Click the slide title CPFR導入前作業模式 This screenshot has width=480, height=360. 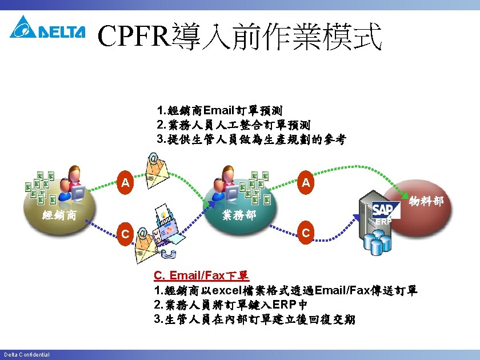pyautogui.click(x=239, y=37)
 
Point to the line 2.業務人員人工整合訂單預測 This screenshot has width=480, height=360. pyautogui.click(x=234, y=125)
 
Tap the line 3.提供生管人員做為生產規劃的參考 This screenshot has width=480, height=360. pyautogui.click(x=251, y=139)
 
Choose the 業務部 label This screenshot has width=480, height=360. pyautogui.click(x=239, y=215)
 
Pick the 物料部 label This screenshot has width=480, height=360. pyautogui.click(x=426, y=201)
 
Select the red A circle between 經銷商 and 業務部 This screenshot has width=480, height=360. pyautogui.click(x=125, y=183)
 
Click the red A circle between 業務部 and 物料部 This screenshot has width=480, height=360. pyautogui.click(x=306, y=183)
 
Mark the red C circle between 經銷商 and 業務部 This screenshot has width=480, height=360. pyautogui.click(x=125, y=233)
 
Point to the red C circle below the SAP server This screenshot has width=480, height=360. pyautogui.click(x=306, y=233)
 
